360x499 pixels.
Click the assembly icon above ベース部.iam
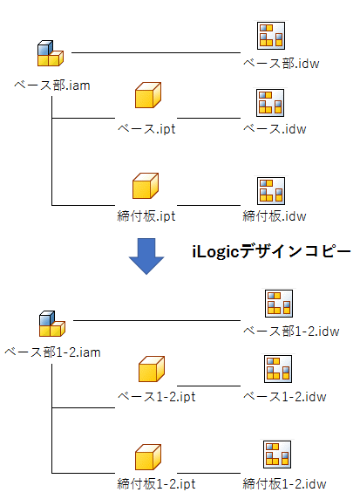tap(51, 53)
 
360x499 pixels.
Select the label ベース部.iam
tap(52, 85)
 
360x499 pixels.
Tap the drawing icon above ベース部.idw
tap(270, 35)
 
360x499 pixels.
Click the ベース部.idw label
tap(282, 64)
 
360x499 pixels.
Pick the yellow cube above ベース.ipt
tap(148, 95)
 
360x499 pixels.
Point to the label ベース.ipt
tap(146, 129)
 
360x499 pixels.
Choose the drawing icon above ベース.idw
tap(270, 103)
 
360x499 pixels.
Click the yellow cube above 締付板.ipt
tap(146, 186)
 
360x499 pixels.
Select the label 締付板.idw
tap(275, 216)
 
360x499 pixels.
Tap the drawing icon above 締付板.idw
tap(270, 191)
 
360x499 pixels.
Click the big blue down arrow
tap(146, 256)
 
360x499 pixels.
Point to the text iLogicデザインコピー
tap(271, 252)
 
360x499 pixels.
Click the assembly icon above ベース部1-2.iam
tap(52, 324)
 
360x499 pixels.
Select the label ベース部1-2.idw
tap(291, 332)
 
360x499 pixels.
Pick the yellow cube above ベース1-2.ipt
tap(152, 369)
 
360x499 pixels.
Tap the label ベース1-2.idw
tap(285, 397)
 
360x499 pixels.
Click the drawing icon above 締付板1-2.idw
tap(277, 455)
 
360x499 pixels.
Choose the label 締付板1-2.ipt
tap(157, 484)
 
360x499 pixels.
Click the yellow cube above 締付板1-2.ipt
tap(148, 457)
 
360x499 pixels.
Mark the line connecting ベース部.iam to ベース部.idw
tap(156, 52)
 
